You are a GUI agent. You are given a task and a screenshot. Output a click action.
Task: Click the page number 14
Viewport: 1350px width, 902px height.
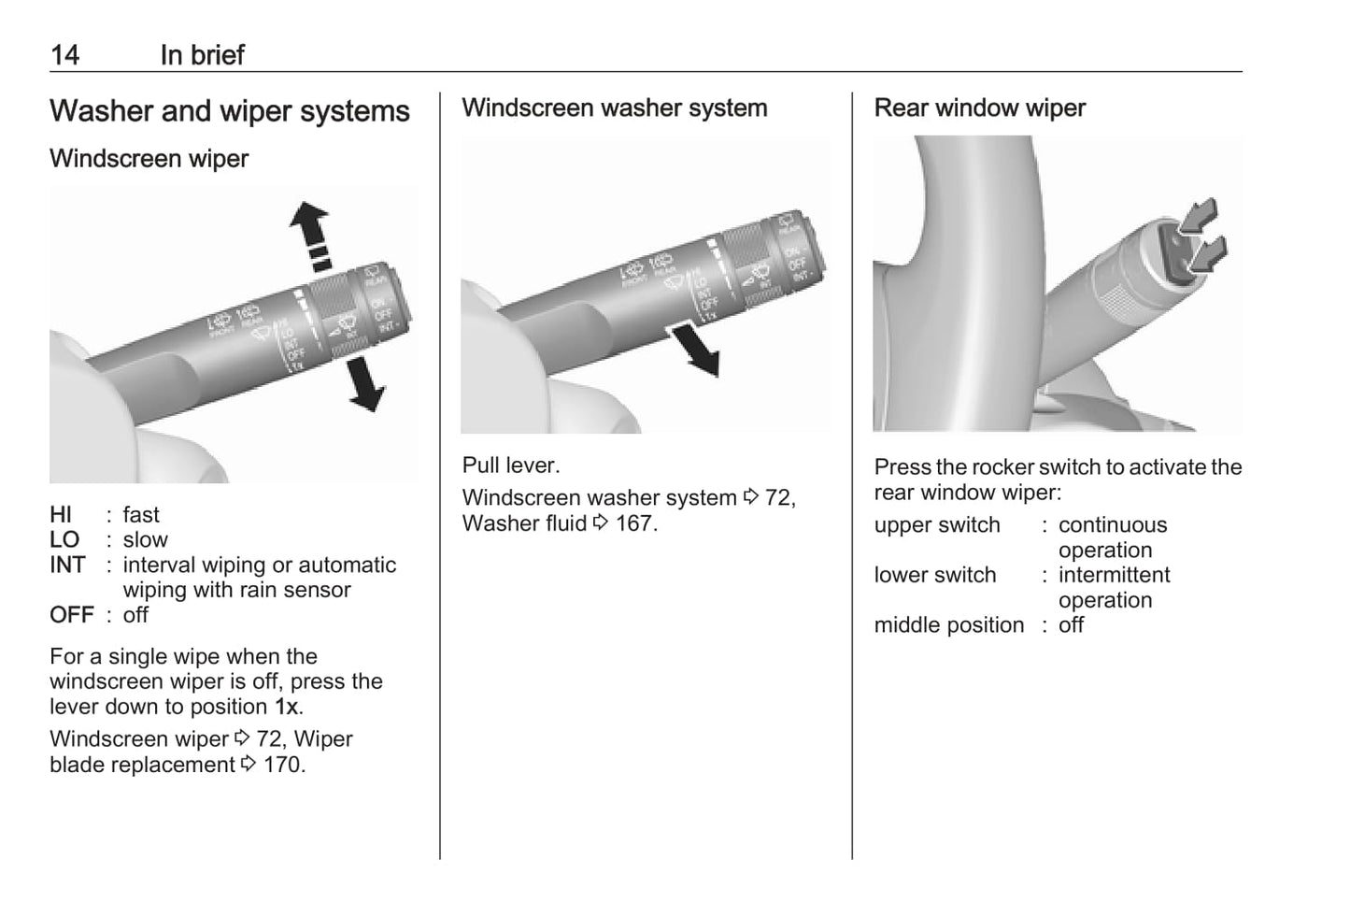[x=64, y=55]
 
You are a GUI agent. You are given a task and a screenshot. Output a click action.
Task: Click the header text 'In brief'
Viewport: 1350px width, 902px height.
[x=202, y=55]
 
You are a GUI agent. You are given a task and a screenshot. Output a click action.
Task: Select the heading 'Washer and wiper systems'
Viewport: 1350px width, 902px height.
[x=229, y=111]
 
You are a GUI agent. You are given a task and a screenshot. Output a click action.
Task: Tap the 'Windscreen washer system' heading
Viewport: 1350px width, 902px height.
[x=614, y=108]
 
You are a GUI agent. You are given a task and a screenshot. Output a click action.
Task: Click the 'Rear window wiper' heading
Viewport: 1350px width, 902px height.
[x=979, y=108]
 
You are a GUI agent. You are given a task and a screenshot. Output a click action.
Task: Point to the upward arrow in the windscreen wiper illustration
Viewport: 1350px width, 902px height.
[x=309, y=223]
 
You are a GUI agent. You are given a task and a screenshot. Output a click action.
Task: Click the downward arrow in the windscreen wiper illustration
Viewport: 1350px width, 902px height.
[x=365, y=385]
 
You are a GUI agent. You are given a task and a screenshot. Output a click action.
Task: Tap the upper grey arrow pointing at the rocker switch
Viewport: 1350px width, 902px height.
[x=1200, y=216]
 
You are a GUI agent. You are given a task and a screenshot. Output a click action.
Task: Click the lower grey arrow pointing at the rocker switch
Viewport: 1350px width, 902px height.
[x=1208, y=253]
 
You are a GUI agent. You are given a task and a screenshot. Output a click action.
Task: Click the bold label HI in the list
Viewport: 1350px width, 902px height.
[x=61, y=515]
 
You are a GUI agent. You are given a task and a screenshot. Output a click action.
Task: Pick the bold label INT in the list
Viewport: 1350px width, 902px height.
[x=67, y=566]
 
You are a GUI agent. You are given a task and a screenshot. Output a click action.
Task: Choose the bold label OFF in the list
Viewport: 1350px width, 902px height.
[x=72, y=615]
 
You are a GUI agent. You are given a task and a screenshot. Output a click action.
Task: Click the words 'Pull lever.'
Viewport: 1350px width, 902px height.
[x=510, y=465]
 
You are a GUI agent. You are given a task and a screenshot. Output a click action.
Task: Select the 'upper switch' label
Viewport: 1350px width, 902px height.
[x=936, y=525]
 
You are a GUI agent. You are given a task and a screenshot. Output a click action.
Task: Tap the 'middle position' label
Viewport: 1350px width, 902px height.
[x=948, y=625]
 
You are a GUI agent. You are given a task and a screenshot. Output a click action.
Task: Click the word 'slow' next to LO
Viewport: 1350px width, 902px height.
[x=145, y=540]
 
